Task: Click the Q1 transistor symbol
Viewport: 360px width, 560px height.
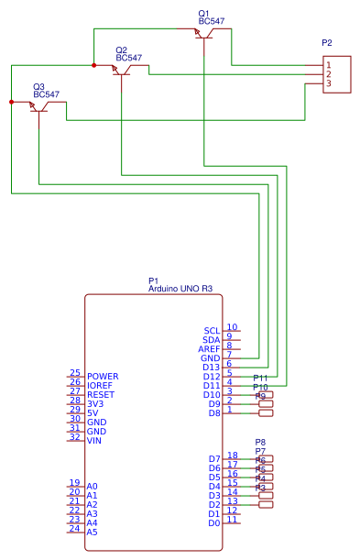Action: point(203,34)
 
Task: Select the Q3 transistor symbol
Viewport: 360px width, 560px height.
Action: point(38,107)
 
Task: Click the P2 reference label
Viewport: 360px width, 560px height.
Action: point(327,43)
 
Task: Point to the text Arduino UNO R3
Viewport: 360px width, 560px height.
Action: point(180,288)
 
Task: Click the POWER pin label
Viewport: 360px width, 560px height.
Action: point(103,376)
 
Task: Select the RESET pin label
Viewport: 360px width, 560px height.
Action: point(101,394)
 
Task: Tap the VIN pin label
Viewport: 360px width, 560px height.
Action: point(95,440)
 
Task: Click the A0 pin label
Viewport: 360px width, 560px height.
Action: point(93,486)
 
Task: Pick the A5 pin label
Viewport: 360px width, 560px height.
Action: point(93,532)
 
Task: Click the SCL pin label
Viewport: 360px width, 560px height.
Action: point(212,330)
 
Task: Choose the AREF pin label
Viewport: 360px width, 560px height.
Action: point(209,348)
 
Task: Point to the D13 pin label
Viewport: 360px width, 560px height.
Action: point(212,367)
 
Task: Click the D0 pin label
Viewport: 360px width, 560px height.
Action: point(214,522)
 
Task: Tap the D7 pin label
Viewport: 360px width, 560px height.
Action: point(214,458)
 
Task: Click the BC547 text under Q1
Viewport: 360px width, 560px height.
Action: point(212,20)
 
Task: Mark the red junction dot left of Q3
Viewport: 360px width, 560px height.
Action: point(11,102)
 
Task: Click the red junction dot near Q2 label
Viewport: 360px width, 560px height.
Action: point(93,65)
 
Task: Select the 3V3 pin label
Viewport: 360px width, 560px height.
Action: point(96,403)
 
